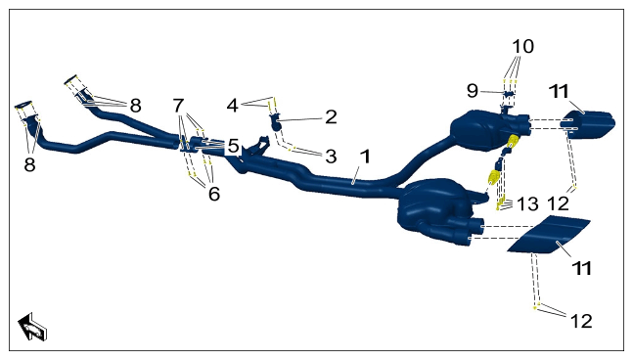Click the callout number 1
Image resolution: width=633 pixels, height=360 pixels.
coord(365,157)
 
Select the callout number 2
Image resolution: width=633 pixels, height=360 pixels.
coord(331,117)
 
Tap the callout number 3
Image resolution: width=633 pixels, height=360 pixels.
coord(331,157)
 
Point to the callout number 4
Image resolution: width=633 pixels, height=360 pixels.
coord(232,106)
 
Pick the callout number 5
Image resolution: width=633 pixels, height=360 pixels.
coord(233,146)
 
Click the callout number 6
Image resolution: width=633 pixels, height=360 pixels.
coord(214,194)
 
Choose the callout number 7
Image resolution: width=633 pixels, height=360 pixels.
coord(178,106)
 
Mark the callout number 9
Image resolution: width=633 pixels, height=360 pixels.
coord(473,91)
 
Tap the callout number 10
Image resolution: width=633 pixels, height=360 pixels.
coord(522,46)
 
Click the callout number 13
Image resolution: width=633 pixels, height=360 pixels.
coord(527,204)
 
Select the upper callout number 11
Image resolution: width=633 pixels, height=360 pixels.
coord(559,91)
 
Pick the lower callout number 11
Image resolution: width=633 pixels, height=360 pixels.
coord(582,268)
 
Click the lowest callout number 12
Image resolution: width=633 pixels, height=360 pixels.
coord(581,321)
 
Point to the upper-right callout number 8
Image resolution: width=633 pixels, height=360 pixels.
coord(135,106)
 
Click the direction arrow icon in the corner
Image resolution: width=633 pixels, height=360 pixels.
coord(32,326)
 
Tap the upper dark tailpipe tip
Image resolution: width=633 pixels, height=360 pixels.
coord(588,124)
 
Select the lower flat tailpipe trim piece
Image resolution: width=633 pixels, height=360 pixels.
coord(549,235)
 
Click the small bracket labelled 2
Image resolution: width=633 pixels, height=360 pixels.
coord(275,122)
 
